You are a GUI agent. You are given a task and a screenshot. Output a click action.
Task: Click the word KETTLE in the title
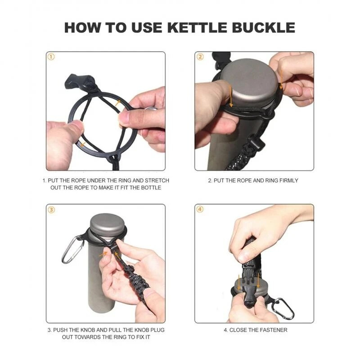[x=198, y=27]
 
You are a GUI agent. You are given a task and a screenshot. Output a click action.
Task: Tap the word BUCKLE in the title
[x=264, y=27]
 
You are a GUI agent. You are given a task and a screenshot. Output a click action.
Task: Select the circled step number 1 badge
[x=51, y=57]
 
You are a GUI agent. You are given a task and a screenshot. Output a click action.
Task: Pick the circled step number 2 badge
[x=200, y=57]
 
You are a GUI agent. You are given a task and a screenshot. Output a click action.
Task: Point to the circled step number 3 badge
[x=51, y=210]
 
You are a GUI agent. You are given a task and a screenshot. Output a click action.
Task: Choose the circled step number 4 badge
[x=200, y=209]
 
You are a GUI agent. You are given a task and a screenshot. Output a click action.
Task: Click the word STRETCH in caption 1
[x=157, y=180]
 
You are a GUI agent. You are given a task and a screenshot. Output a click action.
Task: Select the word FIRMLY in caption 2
[x=288, y=180]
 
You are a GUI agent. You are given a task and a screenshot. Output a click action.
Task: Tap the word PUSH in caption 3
[x=60, y=330]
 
